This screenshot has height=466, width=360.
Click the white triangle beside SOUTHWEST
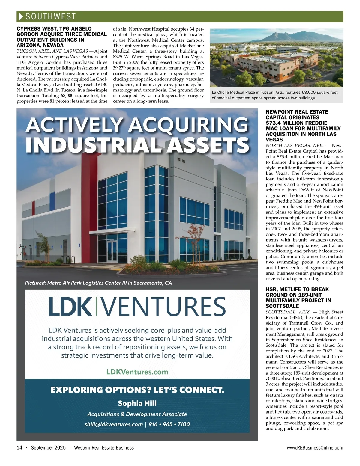coord(21,16)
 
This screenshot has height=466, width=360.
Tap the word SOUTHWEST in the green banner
coord(51,16)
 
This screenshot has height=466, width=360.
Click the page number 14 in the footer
coord(19,448)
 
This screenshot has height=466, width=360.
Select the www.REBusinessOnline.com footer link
coord(315,448)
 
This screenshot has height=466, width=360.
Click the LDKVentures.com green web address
coord(137,372)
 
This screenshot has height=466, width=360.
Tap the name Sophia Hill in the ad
coord(137,403)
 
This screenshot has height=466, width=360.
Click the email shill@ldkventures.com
coord(114,424)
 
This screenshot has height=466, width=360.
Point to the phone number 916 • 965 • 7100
coord(169,424)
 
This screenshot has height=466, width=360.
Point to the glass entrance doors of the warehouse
coord(112,252)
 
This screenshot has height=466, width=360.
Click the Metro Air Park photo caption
coord(98,283)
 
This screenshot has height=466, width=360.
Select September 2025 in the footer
coord(48,448)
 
